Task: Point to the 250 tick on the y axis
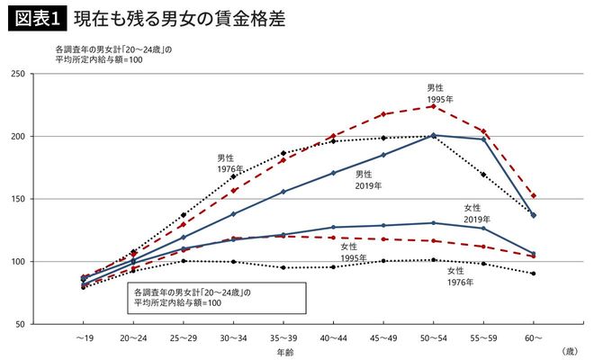[x=42, y=74]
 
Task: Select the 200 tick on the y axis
[x=42, y=137]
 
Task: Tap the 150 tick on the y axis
[x=42, y=199]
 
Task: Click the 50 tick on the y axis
[x=45, y=324]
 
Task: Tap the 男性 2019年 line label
[x=368, y=179]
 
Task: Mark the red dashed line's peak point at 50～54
[x=433, y=106]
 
